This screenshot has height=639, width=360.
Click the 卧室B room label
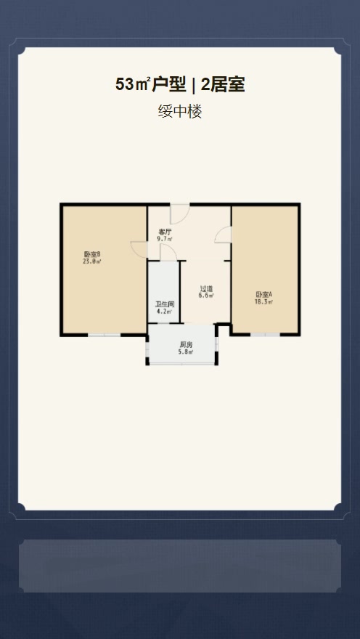[91, 254]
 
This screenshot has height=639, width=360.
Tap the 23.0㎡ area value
[91, 261]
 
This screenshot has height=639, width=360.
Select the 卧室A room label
[263, 294]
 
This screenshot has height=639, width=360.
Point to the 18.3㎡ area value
[263, 301]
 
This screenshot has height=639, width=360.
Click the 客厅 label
[165, 232]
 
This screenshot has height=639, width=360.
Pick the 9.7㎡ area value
[165, 238]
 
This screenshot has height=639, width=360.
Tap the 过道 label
[206, 289]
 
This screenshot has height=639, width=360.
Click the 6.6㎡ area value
[206, 296]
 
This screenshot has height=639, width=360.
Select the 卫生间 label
[164, 304]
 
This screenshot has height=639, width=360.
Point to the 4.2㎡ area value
[164, 312]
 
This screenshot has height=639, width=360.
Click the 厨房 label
[186, 345]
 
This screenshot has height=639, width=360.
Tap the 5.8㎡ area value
[186, 352]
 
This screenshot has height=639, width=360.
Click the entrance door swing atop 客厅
[180, 214]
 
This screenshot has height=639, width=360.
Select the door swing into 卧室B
[139, 248]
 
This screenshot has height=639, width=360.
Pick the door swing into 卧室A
[224, 234]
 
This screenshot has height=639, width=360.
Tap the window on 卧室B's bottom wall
[105, 334]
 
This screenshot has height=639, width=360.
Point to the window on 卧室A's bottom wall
[264, 334]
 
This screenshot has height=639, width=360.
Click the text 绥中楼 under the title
[180, 112]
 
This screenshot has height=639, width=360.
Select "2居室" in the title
[223, 85]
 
